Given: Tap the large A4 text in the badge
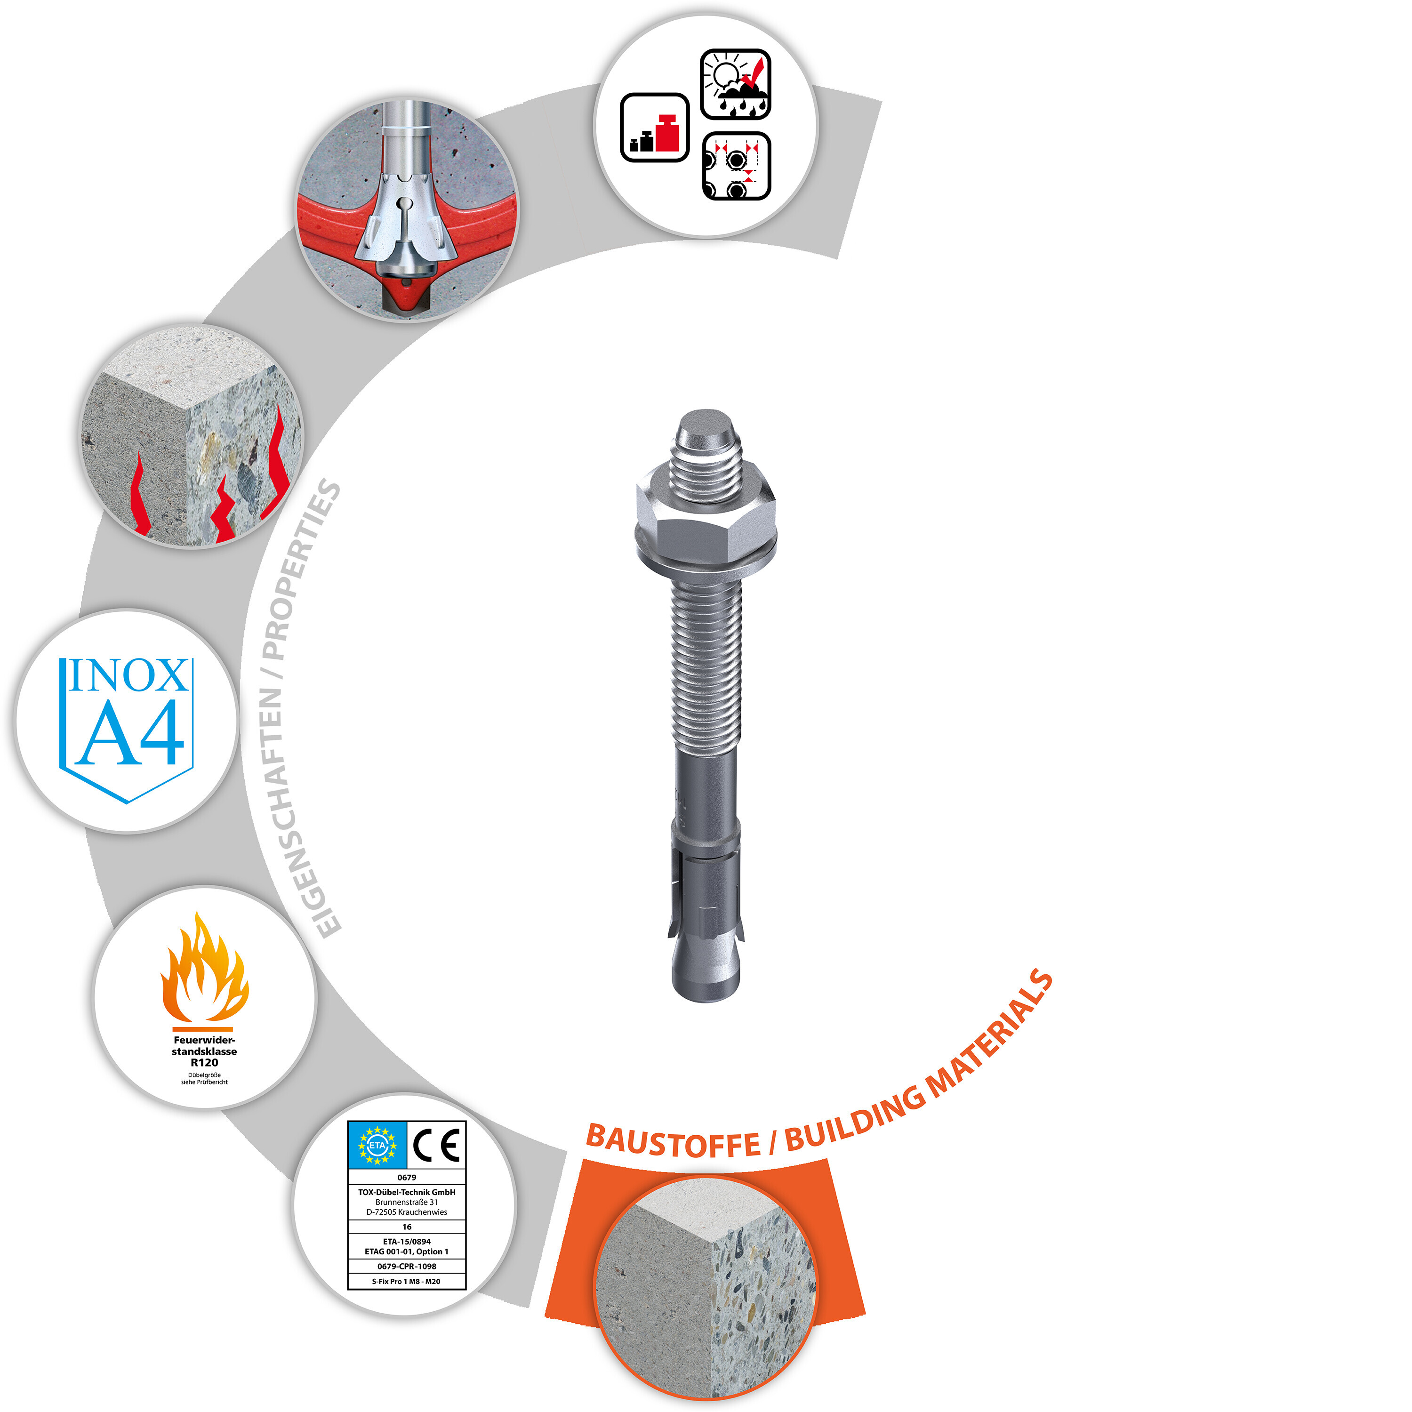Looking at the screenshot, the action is pyautogui.click(x=128, y=733).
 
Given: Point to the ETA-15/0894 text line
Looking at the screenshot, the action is pyautogui.click(x=407, y=1241).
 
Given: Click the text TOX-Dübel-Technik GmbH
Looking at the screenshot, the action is pyautogui.click(x=407, y=1192).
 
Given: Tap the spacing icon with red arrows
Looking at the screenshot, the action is pyautogui.click(x=737, y=166).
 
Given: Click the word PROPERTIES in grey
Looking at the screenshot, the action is pyautogui.click(x=300, y=570).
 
